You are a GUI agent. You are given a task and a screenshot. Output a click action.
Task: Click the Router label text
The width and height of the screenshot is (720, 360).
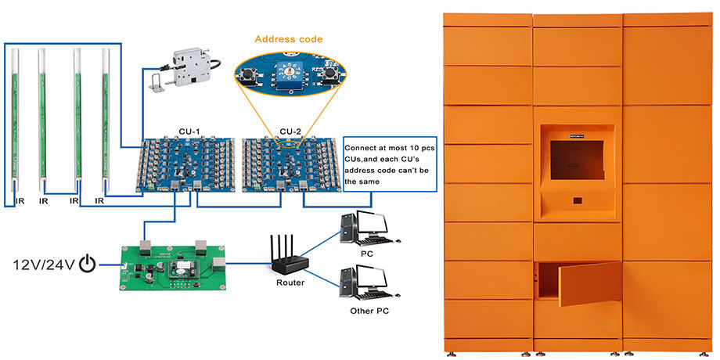click(x=290, y=283)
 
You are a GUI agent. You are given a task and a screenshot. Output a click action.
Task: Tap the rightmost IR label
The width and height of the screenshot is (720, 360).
click(x=100, y=201)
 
